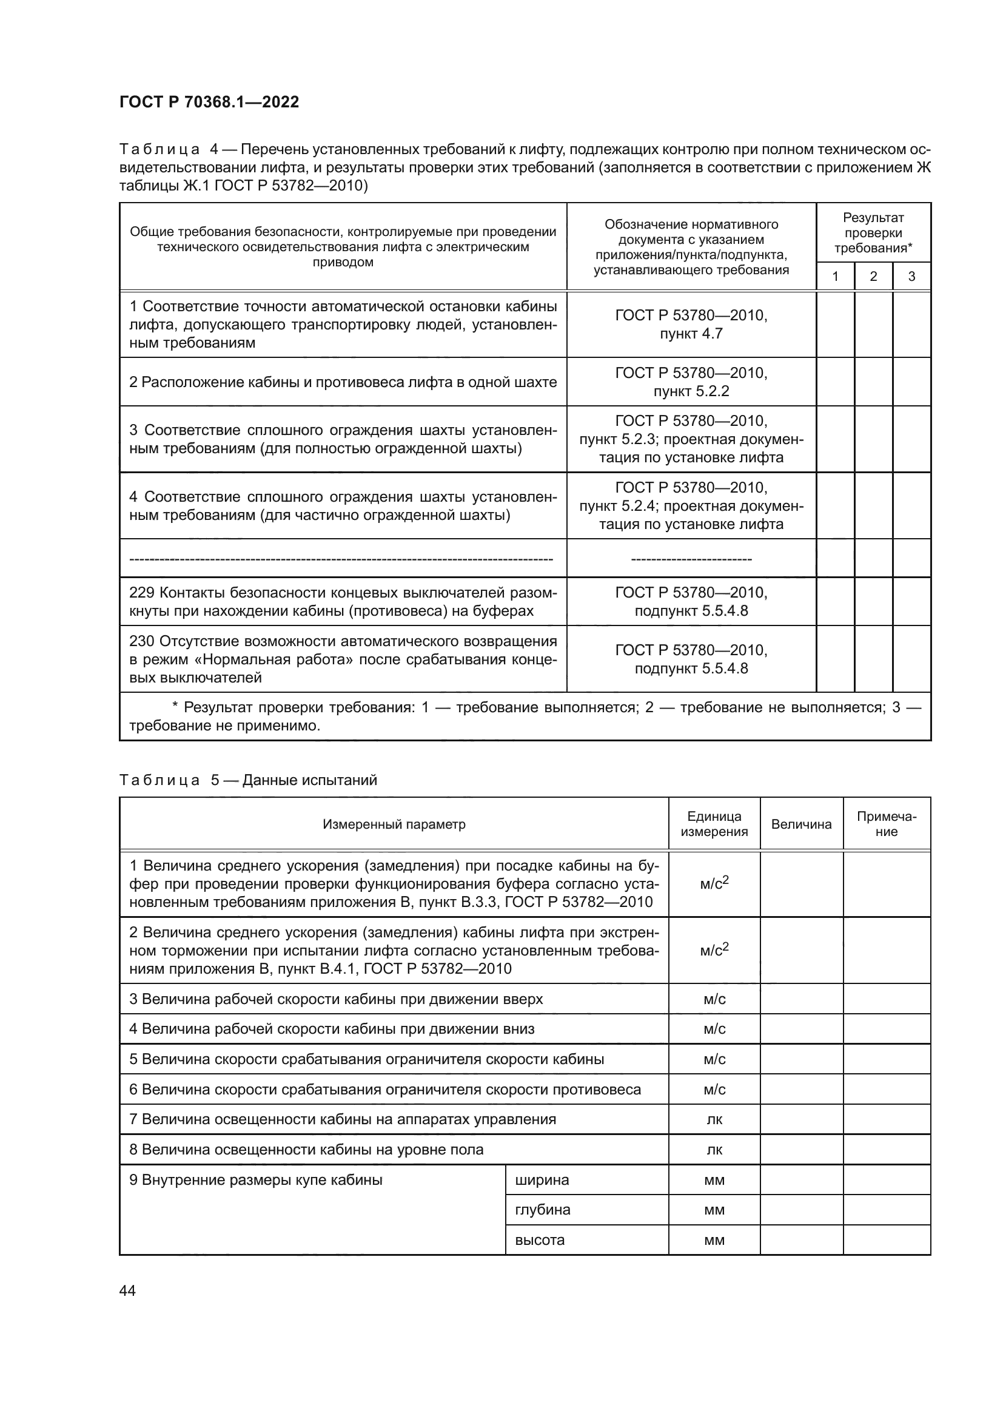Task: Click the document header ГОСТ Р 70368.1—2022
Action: coord(209,102)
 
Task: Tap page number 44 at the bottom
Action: coord(127,1290)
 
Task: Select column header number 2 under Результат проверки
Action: coord(873,276)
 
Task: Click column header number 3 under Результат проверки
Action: coord(911,276)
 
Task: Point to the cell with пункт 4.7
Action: coord(691,334)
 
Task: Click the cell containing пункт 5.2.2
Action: coord(691,391)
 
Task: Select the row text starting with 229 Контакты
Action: coord(343,601)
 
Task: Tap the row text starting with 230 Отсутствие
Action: coord(343,659)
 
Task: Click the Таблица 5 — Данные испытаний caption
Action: coord(247,780)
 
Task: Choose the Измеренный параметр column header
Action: coord(394,824)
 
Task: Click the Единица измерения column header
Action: coord(714,824)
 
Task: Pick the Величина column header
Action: coord(801,824)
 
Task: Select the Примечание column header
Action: coord(887,824)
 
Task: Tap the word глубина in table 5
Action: coord(542,1210)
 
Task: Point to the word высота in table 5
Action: coord(540,1240)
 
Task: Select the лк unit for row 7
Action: coord(714,1119)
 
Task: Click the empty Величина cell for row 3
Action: coord(801,999)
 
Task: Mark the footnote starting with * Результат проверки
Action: coord(525,716)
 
